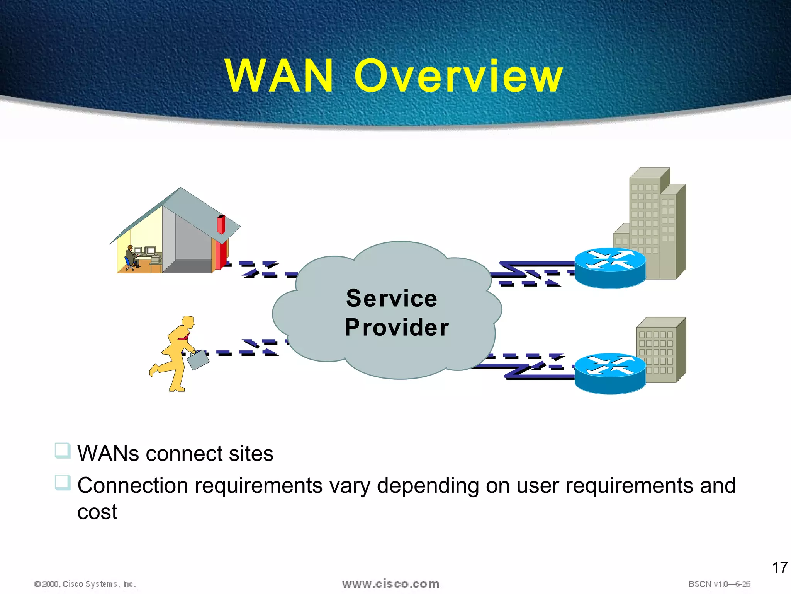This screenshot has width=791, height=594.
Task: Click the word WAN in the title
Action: [x=279, y=76]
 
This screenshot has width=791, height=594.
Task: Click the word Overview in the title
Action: [x=458, y=76]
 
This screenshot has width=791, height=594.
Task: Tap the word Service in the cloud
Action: [x=392, y=299]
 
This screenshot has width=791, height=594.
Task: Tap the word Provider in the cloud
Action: [x=397, y=328]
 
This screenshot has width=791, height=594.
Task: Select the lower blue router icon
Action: [x=610, y=374]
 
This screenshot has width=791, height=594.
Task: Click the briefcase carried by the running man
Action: [x=198, y=360]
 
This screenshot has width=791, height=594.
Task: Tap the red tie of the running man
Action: [x=184, y=337]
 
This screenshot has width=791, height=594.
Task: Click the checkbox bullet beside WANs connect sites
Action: [x=62, y=451]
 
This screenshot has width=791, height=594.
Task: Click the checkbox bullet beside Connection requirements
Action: [x=62, y=482]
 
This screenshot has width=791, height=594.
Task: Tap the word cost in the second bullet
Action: [x=97, y=512]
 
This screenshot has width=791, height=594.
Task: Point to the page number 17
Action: [x=779, y=568]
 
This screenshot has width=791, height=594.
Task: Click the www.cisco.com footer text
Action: [x=390, y=584]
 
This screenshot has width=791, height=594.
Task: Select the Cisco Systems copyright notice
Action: [x=85, y=584]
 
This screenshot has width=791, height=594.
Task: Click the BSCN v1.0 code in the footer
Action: [x=719, y=584]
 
